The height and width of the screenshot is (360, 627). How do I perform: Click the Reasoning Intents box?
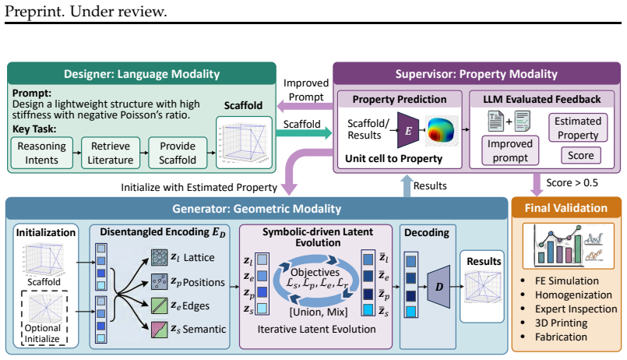[x=41, y=153]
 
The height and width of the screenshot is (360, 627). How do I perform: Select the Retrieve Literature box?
[x=111, y=153]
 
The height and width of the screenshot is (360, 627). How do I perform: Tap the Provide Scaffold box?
[x=178, y=153]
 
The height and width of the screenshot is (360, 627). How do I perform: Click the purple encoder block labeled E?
[x=408, y=130]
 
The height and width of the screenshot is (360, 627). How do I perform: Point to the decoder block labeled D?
[x=439, y=287]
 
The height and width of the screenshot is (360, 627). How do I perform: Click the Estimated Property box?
[x=578, y=128]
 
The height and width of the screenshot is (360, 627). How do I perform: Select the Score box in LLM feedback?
[x=581, y=155]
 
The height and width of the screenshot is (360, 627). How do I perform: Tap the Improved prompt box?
[x=510, y=150]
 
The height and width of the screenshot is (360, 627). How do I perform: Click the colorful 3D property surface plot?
[x=441, y=130]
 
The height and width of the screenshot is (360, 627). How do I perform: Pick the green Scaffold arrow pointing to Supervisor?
[x=304, y=132]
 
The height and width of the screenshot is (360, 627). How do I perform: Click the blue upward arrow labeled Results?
[x=407, y=186]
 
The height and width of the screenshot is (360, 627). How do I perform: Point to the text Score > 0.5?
[x=572, y=183]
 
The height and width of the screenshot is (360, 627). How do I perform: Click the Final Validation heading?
[x=565, y=208]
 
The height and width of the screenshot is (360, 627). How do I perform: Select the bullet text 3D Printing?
[x=561, y=323]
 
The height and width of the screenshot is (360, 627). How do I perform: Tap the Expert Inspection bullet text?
[x=576, y=309]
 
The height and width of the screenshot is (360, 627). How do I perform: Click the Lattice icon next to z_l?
[x=159, y=258]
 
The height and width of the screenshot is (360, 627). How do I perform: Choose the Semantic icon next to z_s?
[x=159, y=330]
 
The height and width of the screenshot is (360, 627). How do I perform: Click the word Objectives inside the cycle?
[x=315, y=273]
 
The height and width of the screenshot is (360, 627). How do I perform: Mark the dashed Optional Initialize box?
[x=44, y=318]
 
